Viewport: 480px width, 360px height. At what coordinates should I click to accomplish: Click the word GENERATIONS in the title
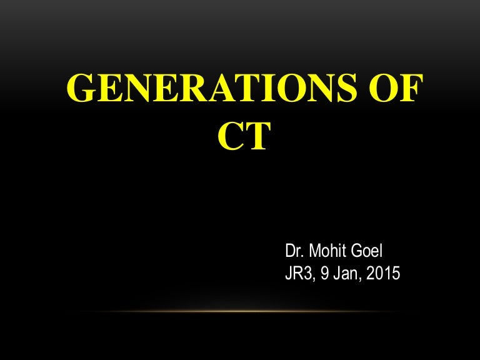click(212, 87)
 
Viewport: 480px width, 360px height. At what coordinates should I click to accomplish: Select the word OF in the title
click(396, 87)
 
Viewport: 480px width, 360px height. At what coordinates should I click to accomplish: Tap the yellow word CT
click(244, 136)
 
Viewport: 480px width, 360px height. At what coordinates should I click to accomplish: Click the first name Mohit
click(328, 251)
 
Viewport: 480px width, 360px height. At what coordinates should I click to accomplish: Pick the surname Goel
click(367, 251)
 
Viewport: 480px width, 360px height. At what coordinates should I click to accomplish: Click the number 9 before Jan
click(324, 273)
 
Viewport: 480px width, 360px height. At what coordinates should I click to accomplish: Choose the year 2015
click(383, 273)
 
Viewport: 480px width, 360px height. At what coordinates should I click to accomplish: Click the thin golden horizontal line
click(240, 312)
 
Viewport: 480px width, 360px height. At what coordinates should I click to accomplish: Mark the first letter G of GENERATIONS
click(80, 87)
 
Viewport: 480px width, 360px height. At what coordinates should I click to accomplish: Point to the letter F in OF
click(411, 87)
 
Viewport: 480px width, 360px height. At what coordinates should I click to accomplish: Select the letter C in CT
click(231, 136)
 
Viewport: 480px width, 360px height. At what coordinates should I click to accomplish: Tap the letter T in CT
click(257, 136)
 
